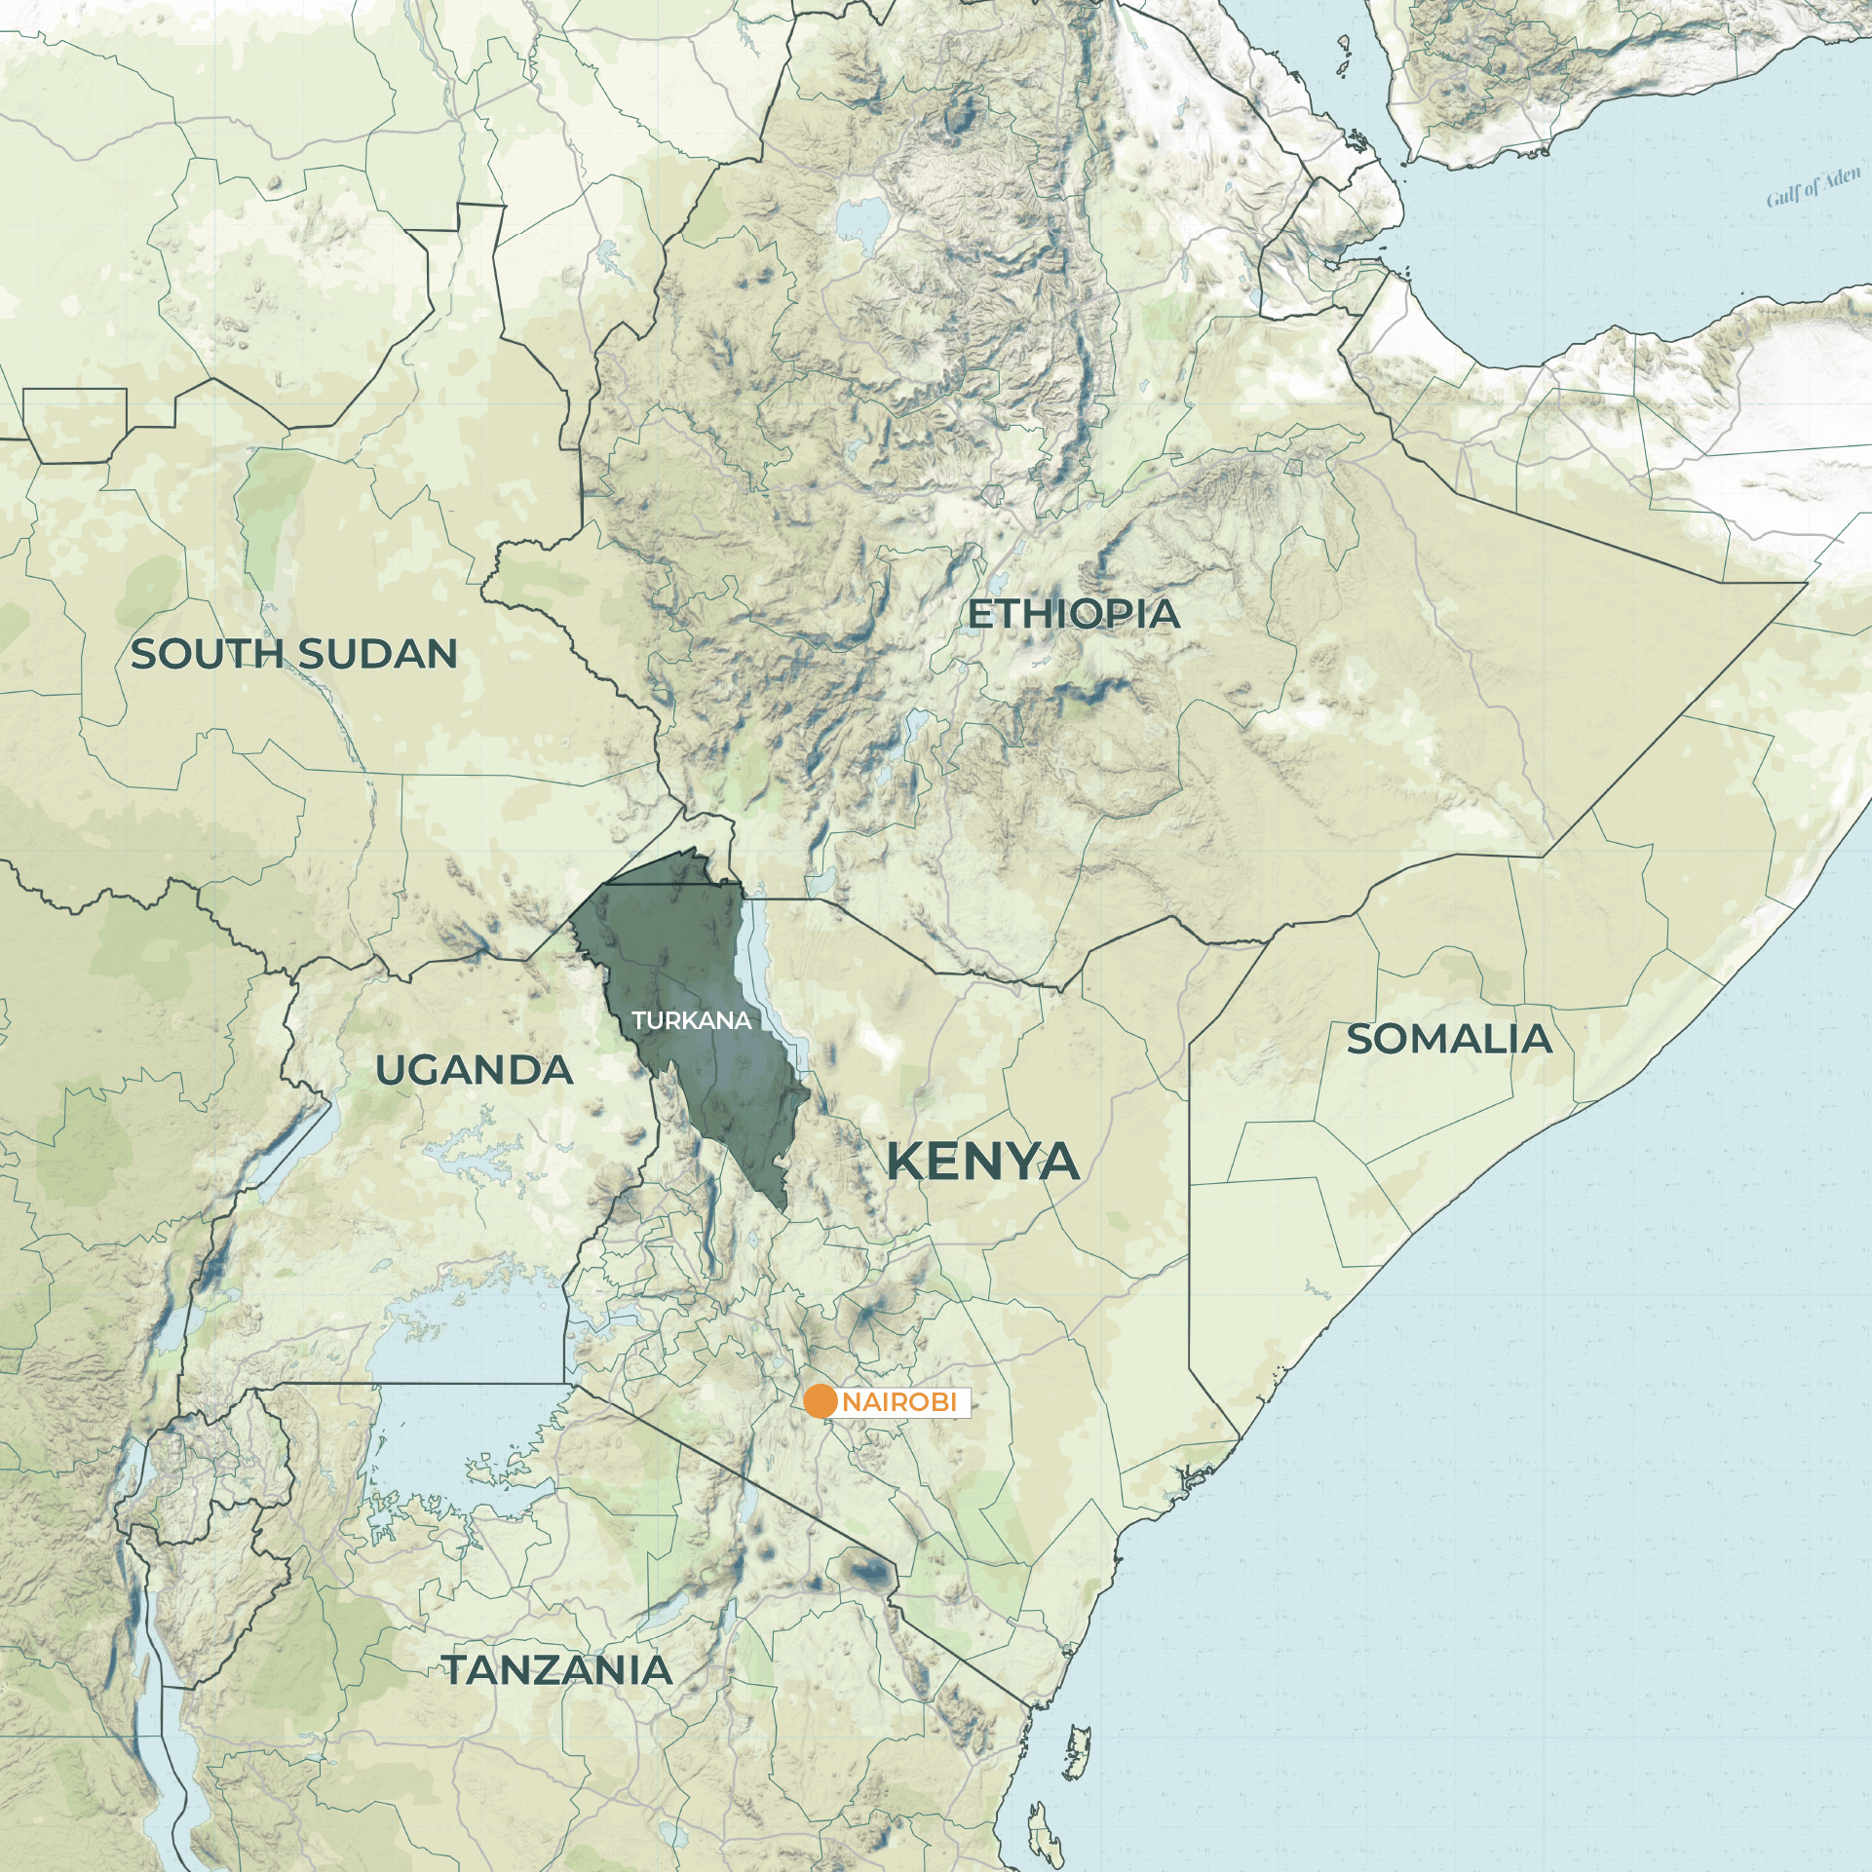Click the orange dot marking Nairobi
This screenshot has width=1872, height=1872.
[x=821, y=1401]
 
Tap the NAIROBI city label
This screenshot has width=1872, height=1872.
[x=899, y=1402]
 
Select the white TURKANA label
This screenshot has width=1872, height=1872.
[x=691, y=1020]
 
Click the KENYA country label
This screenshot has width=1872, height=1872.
[x=982, y=1162]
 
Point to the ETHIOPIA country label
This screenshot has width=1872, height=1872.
[x=1073, y=614]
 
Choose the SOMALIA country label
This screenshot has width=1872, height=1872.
[x=1449, y=1040]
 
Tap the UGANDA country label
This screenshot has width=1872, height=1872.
[x=475, y=1071]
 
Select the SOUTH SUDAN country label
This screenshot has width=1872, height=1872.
[x=294, y=654]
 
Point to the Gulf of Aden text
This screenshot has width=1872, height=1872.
[x=1814, y=187]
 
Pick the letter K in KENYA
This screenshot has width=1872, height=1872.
[x=906, y=1162]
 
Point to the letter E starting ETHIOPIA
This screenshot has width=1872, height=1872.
[x=979, y=614]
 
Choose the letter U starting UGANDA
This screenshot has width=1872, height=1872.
[x=391, y=1071]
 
